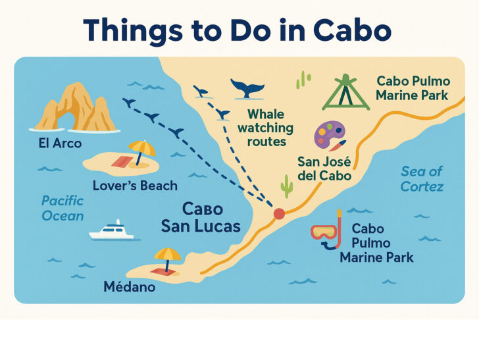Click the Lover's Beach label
click(135, 186)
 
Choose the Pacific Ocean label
click(63, 208)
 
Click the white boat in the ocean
click(112, 230)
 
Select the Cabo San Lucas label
click(201, 218)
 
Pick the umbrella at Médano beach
click(167, 257)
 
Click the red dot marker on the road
click(279, 213)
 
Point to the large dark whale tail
click(247, 88)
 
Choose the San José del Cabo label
click(324, 169)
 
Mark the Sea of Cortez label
click(422, 179)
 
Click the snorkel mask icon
click(327, 232)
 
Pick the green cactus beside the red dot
click(287, 186)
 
